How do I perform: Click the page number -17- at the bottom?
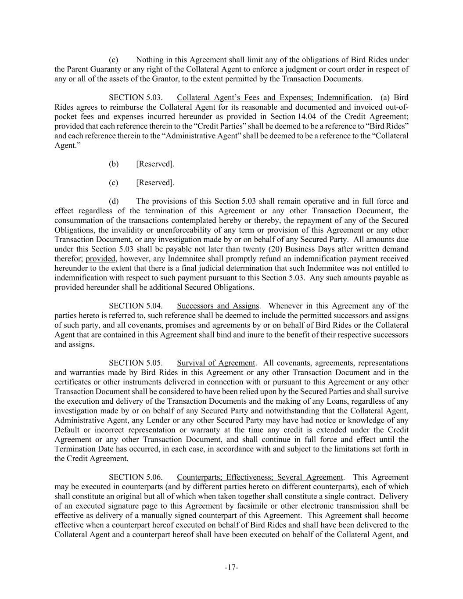pos(231,568)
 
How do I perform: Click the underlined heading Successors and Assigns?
pos(218,306)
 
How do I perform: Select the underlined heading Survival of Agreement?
pos(216,363)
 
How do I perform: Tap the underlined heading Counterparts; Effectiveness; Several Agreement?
pos(260,477)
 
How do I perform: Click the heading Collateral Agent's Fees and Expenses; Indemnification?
pos(273,97)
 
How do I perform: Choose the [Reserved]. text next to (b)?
pos(155,164)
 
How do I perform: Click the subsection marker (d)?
pos(114,201)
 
